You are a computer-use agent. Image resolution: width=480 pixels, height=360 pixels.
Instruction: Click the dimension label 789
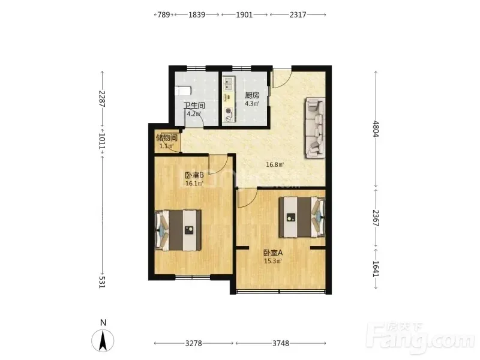pos(164,14)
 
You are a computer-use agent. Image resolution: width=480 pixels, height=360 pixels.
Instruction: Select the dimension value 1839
pos(197,14)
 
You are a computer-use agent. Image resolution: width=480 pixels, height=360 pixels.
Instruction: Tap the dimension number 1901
pos(244,14)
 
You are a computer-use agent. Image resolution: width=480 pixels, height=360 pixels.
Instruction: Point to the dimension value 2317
pos(298,14)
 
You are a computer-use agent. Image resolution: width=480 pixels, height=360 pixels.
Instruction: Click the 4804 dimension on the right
pos(376,129)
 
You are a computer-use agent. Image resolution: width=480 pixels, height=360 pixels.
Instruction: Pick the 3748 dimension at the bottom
pos(281,343)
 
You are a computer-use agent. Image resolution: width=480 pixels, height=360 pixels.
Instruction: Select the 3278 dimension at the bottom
pos(193,343)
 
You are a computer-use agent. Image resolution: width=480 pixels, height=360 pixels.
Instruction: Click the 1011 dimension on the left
pos(102,141)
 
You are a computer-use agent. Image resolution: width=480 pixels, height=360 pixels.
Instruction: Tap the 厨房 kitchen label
pos(252,95)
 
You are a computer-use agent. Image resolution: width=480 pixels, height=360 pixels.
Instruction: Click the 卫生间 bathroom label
pos(194,106)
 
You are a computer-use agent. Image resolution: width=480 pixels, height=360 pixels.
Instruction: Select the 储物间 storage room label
pos(167,137)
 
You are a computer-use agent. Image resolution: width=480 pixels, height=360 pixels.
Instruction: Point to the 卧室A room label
pos(273,253)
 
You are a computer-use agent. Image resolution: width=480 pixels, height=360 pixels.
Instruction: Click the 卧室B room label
pos(194,175)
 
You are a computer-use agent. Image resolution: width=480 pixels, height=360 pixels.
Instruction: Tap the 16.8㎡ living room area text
pos(275,164)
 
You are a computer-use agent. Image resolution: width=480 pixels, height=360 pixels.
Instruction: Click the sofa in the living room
pos(314,128)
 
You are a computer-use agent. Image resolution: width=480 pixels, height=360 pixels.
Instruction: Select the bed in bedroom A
pos(302,217)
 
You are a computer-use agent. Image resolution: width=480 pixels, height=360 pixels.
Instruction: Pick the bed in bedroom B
pos(178,230)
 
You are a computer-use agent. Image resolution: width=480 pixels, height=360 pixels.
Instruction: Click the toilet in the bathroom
pos(183,91)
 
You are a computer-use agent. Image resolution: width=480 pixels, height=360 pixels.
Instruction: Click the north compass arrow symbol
pos(103,340)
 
